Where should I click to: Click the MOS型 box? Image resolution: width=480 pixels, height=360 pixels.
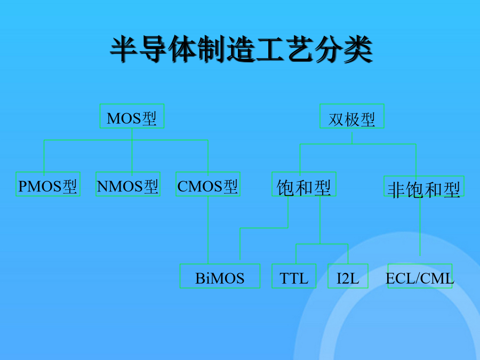(x=132, y=116)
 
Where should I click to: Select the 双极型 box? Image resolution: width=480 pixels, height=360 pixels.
(x=352, y=116)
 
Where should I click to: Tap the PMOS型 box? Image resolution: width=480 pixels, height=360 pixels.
(x=48, y=184)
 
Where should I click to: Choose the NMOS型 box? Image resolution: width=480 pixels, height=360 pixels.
(x=128, y=184)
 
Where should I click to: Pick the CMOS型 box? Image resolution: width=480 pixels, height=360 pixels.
(x=208, y=184)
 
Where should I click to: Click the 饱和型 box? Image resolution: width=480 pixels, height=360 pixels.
(x=304, y=184)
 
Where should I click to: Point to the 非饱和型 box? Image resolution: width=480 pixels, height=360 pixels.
(x=424, y=186)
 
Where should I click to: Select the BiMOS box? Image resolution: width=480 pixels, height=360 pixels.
(x=220, y=276)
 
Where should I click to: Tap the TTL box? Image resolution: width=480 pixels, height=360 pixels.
(x=294, y=276)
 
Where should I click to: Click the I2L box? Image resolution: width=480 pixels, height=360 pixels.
(x=348, y=276)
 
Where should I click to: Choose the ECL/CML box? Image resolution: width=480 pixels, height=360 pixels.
(x=420, y=276)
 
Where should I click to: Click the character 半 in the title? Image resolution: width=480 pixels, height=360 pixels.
(x=123, y=49)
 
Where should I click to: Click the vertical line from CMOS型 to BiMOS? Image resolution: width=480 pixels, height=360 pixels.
(x=208, y=230)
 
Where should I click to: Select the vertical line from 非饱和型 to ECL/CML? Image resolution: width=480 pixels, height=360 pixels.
(x=420, y=226)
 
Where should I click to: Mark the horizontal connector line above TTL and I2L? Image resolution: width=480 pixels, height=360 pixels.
(x=322, y=244)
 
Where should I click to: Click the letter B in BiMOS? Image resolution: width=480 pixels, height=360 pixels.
(x=200, y=278)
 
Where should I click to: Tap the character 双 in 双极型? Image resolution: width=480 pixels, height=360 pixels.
(x=336, y=119)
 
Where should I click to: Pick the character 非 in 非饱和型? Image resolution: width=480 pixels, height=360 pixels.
(x=396, y=190)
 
